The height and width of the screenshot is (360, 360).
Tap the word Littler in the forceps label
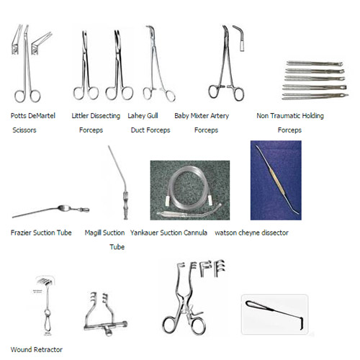79,116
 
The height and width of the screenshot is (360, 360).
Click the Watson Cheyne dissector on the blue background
277,179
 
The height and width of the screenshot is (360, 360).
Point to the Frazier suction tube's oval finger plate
64,208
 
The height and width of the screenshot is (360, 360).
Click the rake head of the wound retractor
45,280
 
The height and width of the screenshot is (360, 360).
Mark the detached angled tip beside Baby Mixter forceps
240,37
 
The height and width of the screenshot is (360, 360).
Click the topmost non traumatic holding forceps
315,63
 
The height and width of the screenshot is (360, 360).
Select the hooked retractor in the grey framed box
274,311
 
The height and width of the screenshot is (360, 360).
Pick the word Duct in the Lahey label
138,130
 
